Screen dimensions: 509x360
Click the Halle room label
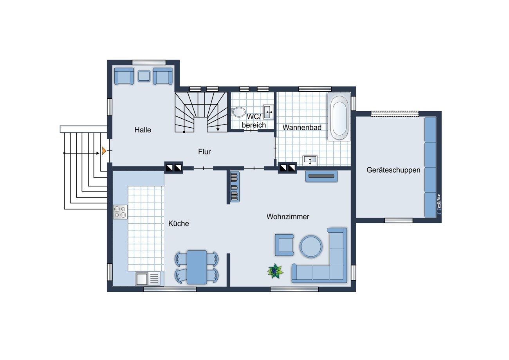pos(143,130)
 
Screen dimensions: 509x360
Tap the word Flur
pos(204,152)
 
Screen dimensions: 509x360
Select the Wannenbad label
pos(302,127)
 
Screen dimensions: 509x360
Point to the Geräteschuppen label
pos(393,170)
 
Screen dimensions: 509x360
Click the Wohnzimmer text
pos(288,217)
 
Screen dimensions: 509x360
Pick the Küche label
pos(179,224)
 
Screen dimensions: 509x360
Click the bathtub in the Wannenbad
pos(339,117)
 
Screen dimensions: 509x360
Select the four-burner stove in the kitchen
pos(120,212)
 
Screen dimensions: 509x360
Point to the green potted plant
pos(275,271)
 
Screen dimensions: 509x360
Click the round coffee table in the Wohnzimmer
pos(311,246)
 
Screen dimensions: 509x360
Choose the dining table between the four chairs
pos(197,267)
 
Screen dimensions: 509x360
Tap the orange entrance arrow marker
pos(104,151)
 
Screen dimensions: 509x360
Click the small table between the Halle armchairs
pos(144,76)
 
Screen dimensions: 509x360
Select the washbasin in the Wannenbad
pos(310,161)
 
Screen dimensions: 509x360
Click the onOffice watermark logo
pos(439,204)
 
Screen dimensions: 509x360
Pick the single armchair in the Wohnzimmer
pos(284,245)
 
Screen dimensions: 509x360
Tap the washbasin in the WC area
pos(268,112)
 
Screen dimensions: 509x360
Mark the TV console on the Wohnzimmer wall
pos(321,176)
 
